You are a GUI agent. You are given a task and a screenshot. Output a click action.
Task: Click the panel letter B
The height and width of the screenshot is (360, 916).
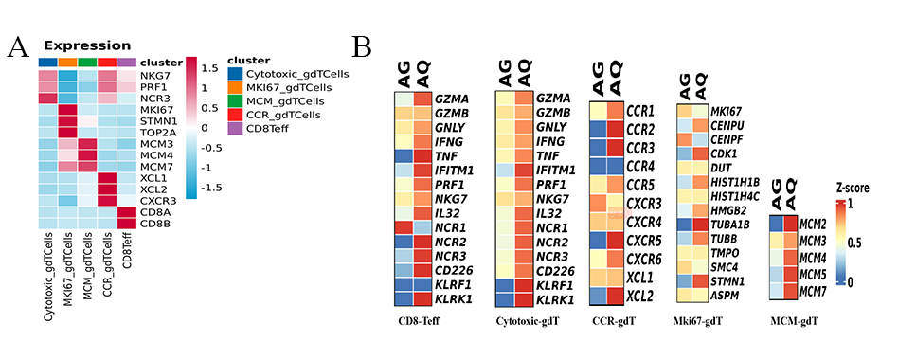pos(362,45)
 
